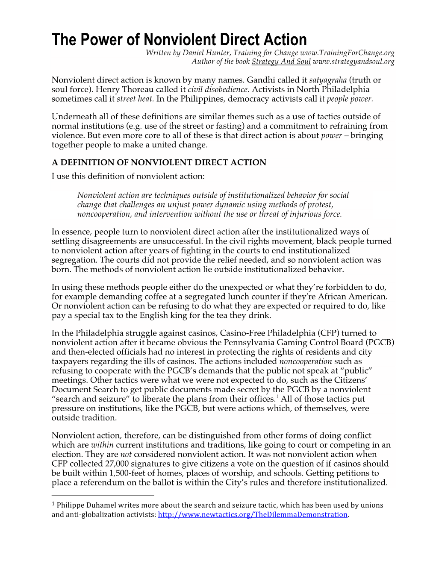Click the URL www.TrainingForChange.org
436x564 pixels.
click(347, 53)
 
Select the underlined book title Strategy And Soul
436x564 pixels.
click(281, 62)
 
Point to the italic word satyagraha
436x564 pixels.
click(327, 80)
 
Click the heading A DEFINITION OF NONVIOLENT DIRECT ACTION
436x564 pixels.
click(159, 162)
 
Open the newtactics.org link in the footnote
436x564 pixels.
click(253, 514)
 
